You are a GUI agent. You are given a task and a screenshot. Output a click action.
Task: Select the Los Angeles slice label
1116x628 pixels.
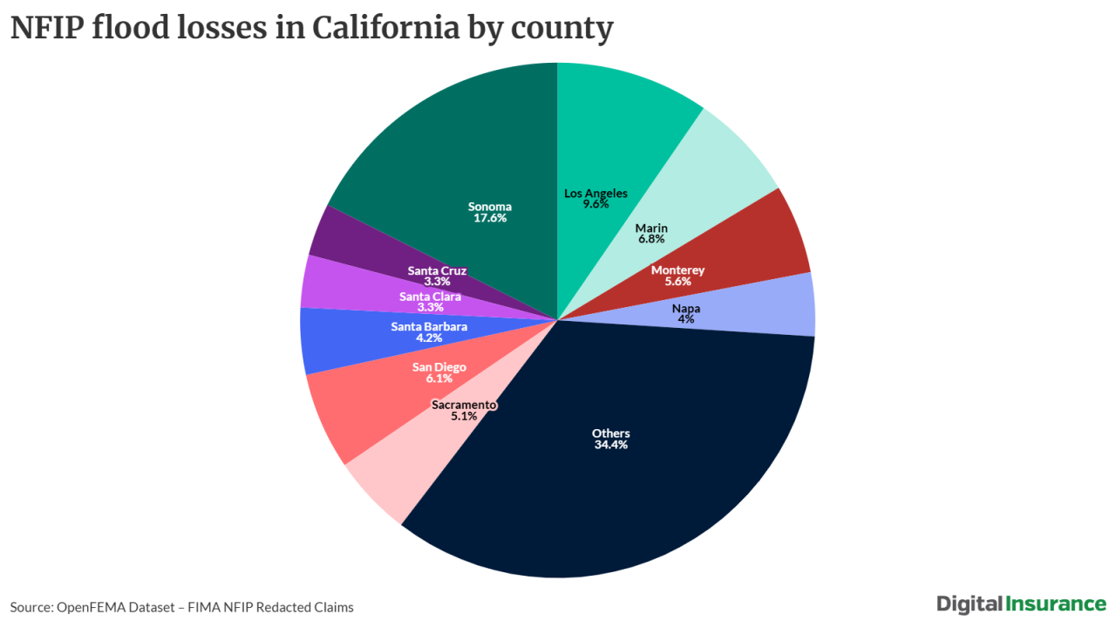click(x=595, y=193)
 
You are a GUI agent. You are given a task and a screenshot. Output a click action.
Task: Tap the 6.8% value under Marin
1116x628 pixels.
click(x=651, y=238)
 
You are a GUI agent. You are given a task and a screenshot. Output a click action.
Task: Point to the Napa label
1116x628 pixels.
click(x=685, y=308)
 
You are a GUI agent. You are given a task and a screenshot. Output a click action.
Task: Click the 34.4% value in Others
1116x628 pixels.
click(x=610, y=445)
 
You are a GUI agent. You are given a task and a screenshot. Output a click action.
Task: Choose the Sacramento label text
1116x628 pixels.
click(x=464, y=405)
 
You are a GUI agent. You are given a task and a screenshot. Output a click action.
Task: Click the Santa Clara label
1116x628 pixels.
click(x=430, y=297)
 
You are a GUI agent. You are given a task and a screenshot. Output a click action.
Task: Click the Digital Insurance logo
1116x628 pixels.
click(x=1021, y=604)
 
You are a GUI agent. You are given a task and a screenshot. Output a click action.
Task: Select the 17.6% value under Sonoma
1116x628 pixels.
click(x=489, y=218)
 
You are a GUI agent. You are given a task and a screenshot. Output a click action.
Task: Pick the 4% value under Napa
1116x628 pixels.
click(x=685, y=319)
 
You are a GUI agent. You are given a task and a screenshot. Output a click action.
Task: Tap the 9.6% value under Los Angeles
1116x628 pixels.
click(x=595, y=204)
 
